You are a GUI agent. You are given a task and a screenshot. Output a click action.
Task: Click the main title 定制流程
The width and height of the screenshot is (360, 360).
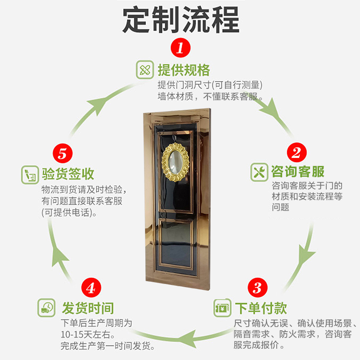click(x=180, y=20)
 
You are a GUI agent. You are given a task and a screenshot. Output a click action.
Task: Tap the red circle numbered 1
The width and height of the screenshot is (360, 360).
click(x=180, y=47)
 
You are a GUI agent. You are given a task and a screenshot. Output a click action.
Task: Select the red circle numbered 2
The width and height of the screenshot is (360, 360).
click(x=296, y=152)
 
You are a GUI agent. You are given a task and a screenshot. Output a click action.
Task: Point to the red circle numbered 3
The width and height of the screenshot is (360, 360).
click(x=257, y=287)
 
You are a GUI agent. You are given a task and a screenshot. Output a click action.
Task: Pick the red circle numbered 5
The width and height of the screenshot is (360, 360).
click(x=63, y=153)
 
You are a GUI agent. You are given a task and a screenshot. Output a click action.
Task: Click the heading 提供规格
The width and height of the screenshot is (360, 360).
click(x=184, y=71)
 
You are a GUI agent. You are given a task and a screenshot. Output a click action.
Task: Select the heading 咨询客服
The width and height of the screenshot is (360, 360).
click(x=297, y=171)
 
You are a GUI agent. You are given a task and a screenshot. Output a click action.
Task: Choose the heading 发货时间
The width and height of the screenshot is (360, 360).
click(x=88, y=308)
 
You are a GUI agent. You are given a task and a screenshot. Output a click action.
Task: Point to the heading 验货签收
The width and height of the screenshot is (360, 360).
click(x=68, y=174)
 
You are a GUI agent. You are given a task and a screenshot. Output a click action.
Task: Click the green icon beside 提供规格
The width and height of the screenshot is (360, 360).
click(x=145, y=71)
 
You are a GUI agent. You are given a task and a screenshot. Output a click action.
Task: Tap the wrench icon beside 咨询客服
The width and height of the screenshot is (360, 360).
click(x=259, y=172)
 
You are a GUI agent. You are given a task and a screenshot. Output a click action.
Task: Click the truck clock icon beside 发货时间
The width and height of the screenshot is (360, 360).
click(x=46, y=308)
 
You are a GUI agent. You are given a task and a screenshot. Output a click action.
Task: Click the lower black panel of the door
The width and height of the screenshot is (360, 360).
click(x=176, y=245)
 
